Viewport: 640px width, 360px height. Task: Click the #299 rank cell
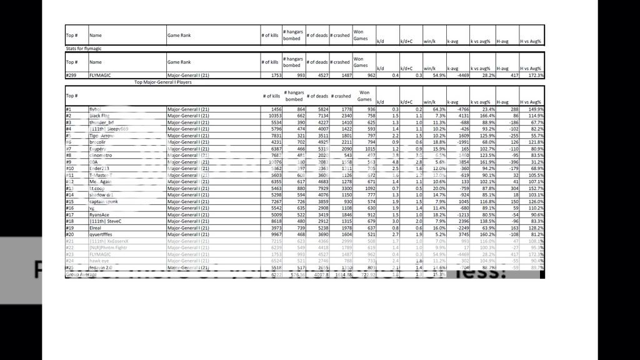(71, 76)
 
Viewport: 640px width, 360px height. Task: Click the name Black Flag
(99, 116)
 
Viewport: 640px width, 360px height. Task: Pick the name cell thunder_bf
(102, 122)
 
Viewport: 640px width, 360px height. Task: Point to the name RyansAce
(99, 214)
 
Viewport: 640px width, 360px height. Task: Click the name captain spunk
(104, 201)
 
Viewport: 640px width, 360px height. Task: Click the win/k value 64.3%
(436, 109)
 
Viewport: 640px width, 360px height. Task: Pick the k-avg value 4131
(461, 116)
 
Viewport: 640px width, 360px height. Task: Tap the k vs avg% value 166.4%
(486, 116)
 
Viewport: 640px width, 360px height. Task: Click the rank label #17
(69, 214)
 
